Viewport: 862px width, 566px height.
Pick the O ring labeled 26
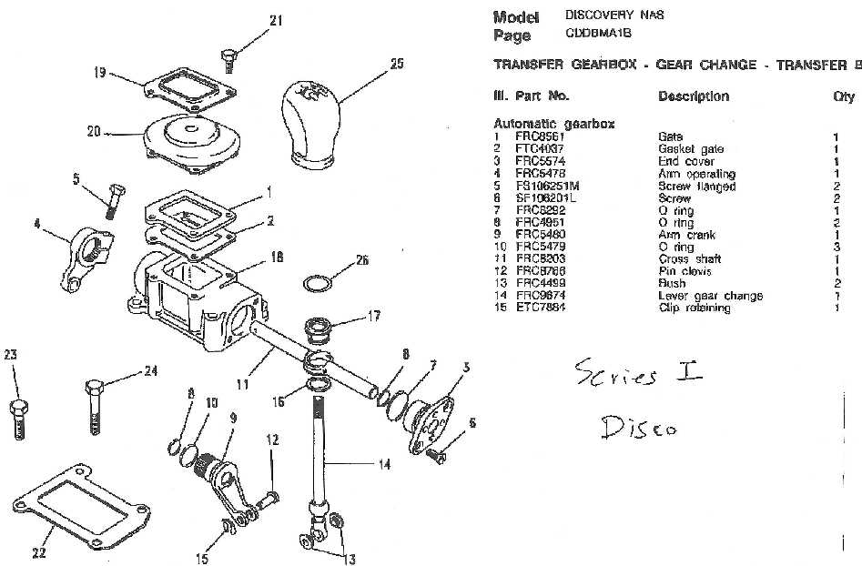click(x=313, y=283)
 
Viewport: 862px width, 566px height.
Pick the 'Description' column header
click(x=693, y=96)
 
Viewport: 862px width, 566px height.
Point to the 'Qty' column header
click(x=844, y=96)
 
